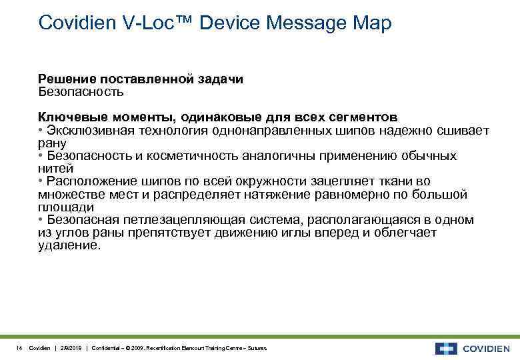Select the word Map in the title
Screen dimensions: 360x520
pos(371,23)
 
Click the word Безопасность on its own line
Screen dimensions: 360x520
pos(81,91)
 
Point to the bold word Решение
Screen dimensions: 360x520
pos(65,79)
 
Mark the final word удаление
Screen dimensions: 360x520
pos(69,245)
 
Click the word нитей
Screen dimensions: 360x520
pos(54,168)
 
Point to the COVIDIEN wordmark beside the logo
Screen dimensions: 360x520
pos(487,348)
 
